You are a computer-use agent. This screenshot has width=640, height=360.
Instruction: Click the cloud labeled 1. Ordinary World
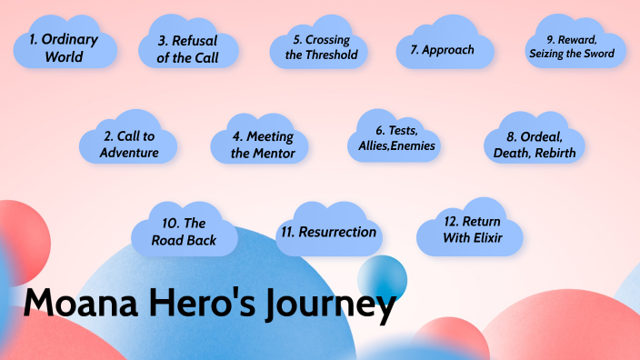tap(65, 47)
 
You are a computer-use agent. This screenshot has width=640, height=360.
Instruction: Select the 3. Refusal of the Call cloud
tap(188, 47)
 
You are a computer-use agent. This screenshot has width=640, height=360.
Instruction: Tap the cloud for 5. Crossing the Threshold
tap(319, 47)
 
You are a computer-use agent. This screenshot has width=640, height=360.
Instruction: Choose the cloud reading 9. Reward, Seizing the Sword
tap(572, 45)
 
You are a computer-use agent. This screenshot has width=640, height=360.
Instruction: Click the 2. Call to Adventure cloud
tap(129, 144)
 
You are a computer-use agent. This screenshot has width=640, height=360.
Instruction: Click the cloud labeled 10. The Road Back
tap(185, 233)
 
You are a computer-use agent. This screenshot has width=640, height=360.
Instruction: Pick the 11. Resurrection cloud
tap(328, 232)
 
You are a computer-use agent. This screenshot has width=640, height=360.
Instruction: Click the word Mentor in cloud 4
tap(275, 153)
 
